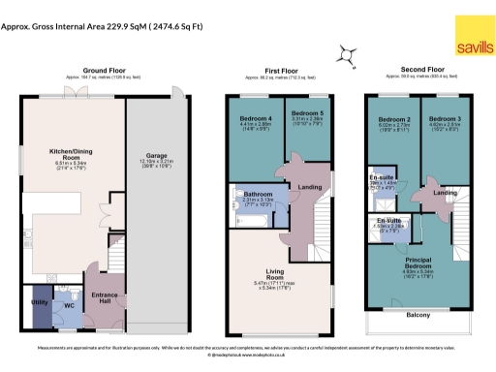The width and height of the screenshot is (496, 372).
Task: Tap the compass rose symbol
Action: (x=346, y=55)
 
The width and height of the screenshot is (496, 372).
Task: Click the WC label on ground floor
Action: (x=68, y=306)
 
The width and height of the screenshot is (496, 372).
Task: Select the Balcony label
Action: (x=418, y=314)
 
